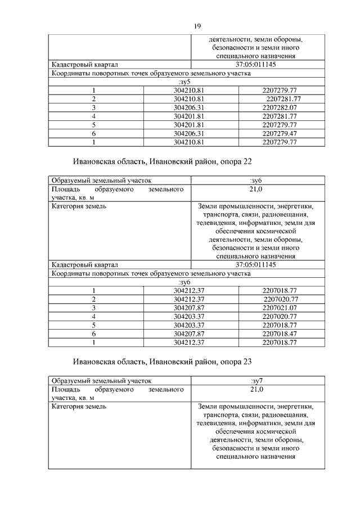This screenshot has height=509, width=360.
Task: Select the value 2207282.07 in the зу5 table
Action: tap(280, 107)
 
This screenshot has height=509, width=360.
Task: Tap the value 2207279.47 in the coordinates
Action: tap(280, 133)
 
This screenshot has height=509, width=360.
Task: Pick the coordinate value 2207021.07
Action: tap(280, 308)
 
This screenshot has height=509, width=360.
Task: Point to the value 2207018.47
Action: tap(280, 334)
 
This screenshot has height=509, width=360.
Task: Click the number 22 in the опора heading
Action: tap(248, 161)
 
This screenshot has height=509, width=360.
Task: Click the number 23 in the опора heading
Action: tap(248, 361)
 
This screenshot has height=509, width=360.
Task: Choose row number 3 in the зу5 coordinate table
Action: tap(94, 107)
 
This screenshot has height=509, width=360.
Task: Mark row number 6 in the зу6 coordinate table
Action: tap(94, 334)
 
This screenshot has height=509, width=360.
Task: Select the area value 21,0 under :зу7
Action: tap(256, 389)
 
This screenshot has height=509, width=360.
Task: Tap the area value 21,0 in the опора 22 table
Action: tap(256, 190)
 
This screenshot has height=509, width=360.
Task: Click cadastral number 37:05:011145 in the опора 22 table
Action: tap(256, 264)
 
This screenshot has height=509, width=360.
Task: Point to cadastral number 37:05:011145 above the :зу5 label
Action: tap(256, 65)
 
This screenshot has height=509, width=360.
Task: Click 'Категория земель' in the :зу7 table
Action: tap(78, 406)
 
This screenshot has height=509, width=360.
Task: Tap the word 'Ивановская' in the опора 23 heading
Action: tap(98, 361)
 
